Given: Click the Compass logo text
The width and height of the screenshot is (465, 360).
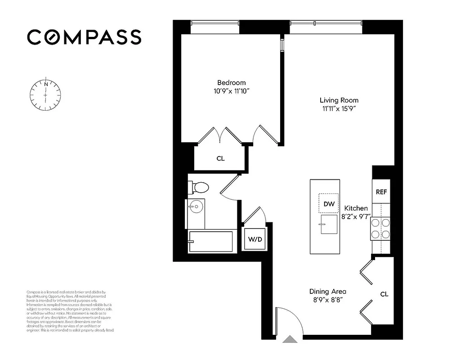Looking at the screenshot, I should [84, 37].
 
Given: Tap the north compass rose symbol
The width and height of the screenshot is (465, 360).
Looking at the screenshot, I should [45, 95].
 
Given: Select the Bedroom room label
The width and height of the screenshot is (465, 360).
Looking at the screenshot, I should [232, 82].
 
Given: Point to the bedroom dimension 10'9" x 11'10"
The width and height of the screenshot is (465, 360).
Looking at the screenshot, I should [232, 91].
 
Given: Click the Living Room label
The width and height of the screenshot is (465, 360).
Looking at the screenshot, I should [339, 100].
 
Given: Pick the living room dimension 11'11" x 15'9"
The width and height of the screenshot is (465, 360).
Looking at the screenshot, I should [339, 109].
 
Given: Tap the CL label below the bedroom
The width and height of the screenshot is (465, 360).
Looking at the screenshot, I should [220, 158].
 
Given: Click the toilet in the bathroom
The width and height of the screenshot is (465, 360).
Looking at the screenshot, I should [198, 187].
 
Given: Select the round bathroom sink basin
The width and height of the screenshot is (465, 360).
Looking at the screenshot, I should [196, 207].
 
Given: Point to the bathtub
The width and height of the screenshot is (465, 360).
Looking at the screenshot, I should [210, 242].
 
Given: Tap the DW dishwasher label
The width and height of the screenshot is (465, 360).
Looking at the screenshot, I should [329, 204].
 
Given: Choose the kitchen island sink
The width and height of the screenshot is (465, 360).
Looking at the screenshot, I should [329, 224].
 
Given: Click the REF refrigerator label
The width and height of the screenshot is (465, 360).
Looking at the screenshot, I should [381, 192].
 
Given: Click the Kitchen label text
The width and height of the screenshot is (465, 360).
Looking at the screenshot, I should [356, 208].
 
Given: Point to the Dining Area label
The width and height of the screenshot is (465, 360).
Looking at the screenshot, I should [327, 291].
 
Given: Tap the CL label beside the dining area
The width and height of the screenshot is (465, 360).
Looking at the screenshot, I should [384, 294].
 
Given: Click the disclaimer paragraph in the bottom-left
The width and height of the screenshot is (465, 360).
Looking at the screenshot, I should [70, 311].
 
